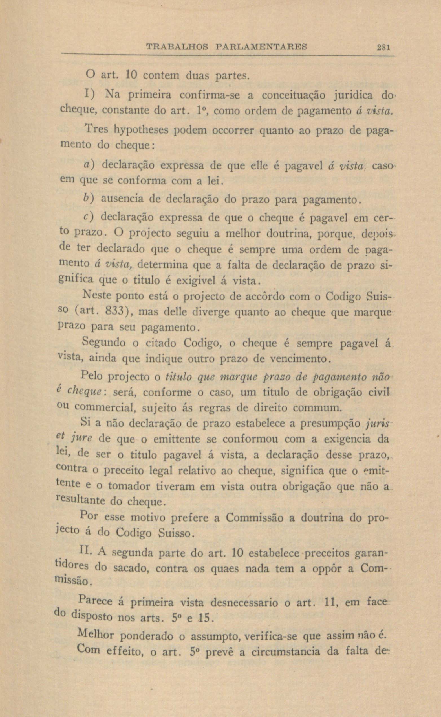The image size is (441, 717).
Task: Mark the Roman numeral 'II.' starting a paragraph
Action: (86, 552)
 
